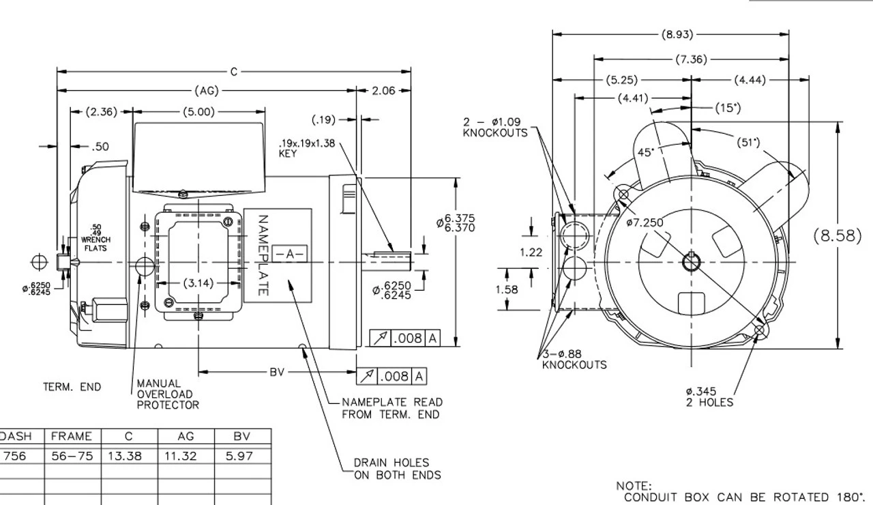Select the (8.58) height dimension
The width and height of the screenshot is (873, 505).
pos(838,236)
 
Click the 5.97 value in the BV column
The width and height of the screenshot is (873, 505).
pos(239,456)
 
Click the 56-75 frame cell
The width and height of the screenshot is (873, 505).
pos(72,456)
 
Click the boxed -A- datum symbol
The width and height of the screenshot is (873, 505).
pos(290,254)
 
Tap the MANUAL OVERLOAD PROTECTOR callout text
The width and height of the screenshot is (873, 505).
pos(168,394)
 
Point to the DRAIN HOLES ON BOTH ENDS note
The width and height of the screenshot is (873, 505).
pos(397,469)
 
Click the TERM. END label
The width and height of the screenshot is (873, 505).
pos(72,387)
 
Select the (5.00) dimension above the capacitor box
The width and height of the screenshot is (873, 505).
pos(198,112)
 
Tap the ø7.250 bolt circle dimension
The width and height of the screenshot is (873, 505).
pos(645,222)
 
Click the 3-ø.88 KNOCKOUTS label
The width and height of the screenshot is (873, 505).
pos(574,359)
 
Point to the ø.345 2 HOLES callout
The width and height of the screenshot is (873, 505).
pos(709,396)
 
